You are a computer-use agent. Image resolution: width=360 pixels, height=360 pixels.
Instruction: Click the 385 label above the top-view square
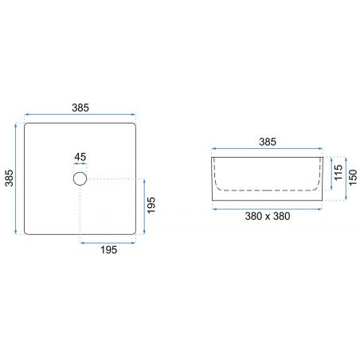click(80, 108)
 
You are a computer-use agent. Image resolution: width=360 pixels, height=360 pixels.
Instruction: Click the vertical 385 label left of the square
click(9, 178)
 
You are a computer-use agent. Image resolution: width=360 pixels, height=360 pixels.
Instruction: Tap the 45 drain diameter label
click(80, 157)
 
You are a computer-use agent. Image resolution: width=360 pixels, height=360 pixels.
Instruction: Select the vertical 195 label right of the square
click(151, 205)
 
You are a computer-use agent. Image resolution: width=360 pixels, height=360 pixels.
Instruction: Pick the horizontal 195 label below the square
click(108, 250)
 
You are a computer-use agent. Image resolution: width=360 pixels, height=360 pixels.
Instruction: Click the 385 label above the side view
click(268, 142)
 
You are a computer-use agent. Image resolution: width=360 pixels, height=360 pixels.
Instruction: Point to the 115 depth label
click(338, 173)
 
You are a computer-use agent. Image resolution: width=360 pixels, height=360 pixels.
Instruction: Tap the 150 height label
click(353, 178)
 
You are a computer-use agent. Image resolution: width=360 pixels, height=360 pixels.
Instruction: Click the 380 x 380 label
click(268, 216)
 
